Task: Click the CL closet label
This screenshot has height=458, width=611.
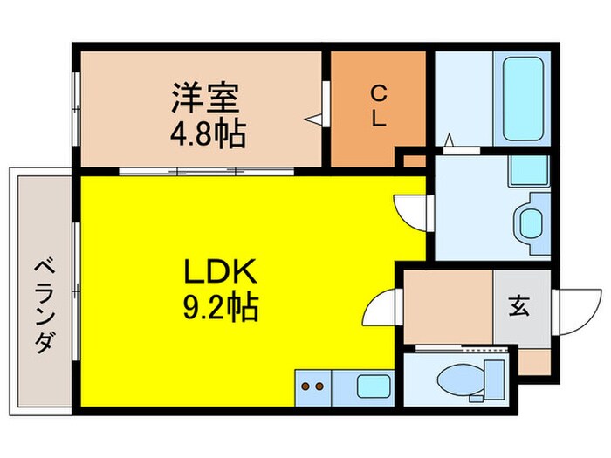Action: [378, 106]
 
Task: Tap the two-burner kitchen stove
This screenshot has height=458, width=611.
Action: [313, 385]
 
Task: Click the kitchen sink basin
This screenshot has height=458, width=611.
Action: [374, 385]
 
